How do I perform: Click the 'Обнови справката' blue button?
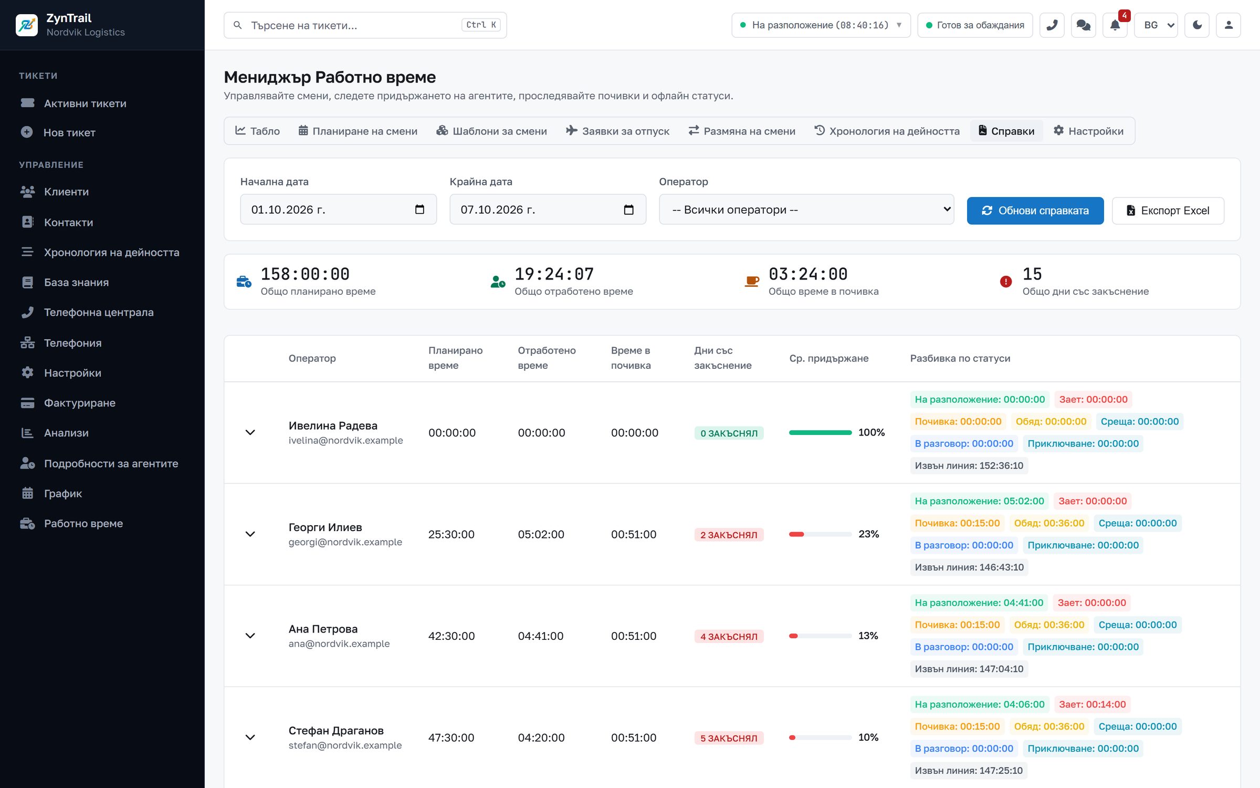tap(1035, 211)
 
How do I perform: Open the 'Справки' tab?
tap(1006, 131)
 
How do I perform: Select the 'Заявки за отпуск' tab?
tap(617, 131)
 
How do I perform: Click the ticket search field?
tap(365, 25)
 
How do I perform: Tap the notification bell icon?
tap(1115, 25)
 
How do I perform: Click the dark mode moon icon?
tap(1197, 25)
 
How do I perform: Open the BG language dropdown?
tap(1156, 25)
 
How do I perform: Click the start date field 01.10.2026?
tap(338, 210)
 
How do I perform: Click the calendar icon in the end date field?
tap(628, 210)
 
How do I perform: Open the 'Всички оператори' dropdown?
tap(806, 210)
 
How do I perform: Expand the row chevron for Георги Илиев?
tap(250, 534)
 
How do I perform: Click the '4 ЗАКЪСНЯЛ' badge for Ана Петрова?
tap(729, 636)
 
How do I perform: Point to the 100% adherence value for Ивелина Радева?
tap(871, 432)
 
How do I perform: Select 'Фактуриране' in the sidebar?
tap(80, 403)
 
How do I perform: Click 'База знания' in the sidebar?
tap(76, 283)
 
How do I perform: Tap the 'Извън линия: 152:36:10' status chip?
tap(969, 465)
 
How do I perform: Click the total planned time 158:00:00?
tap(305, 274)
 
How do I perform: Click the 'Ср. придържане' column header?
tap(829, 358)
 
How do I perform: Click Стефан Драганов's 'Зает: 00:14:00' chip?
tap(1092, 704)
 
